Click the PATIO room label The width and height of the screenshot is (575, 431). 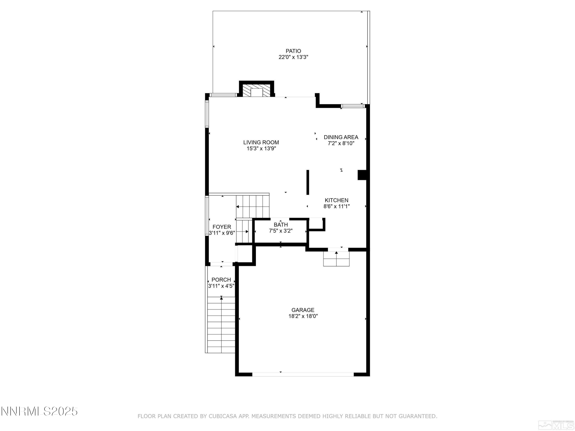coord(293,51)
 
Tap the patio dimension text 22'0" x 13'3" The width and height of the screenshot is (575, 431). coord(293,57)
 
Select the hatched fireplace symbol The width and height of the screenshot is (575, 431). coord(257,90)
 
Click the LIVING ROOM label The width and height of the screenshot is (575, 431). coord(261,142)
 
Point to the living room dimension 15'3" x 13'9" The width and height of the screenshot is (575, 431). coord(261,149)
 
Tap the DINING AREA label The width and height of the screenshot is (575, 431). coord(341,137)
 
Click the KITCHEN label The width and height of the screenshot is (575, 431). coord(336,200)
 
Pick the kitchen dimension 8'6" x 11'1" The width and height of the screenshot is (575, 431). coord(336,206)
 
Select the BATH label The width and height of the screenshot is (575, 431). coord(281,225)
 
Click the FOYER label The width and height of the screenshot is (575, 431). coord(222,227)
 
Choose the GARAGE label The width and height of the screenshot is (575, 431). coord(303,310)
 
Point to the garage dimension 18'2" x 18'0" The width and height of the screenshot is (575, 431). coord(303,316)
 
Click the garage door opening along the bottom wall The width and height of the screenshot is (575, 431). coord(303,374)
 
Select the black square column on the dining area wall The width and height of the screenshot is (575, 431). coord(362,175)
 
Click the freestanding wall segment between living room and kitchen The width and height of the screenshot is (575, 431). coord(308,182)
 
